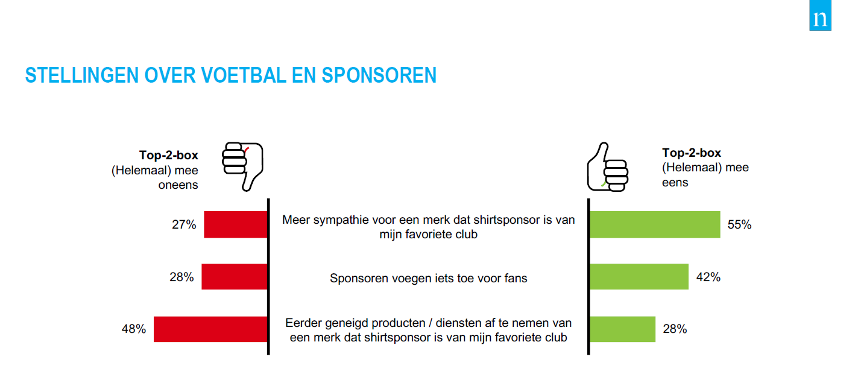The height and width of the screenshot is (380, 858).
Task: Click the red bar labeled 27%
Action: click(236, 224)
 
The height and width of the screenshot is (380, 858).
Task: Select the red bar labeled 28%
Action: click(235, 277)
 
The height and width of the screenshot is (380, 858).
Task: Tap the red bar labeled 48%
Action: click(210, 329)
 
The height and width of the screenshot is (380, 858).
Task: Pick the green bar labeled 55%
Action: click(655, 224)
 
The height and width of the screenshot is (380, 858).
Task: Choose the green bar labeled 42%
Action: click(639, 277)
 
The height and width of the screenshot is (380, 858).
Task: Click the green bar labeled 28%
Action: click(622, 329)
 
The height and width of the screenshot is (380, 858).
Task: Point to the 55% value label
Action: click(740, 224)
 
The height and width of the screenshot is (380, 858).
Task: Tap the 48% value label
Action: click(134, 329)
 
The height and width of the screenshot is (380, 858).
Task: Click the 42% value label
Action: click(708, 277)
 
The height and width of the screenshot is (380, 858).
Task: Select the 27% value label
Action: click(184, 224)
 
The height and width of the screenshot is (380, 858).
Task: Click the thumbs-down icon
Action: click(243, 166)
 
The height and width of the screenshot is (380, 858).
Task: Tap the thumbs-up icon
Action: click(608, 167)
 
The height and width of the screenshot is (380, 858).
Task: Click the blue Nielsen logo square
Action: click(820, 15)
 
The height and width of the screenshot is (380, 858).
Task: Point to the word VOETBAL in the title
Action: click(243, 75)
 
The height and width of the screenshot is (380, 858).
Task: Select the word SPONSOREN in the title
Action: click(379, 75)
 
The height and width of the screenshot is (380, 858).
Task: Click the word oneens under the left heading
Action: click(178, 185)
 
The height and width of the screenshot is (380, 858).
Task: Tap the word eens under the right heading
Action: click(675, 182)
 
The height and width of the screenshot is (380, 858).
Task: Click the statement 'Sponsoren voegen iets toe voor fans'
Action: click(428, 278)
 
